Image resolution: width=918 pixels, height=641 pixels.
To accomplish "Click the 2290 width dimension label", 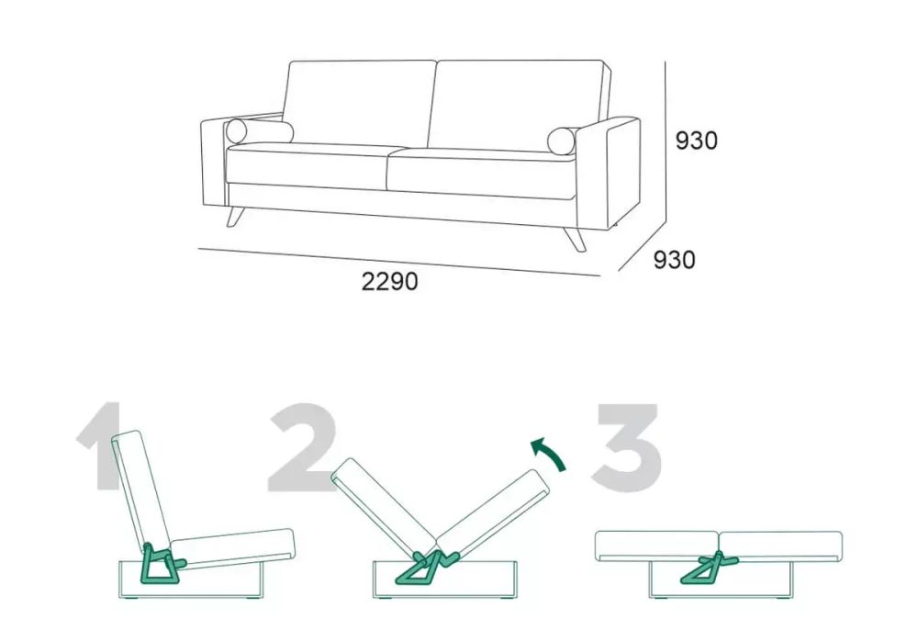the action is click(x=389, y=282).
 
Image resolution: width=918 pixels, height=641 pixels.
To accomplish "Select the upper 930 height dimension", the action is click(x=696, y=141).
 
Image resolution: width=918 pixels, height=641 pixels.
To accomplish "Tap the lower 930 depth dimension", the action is click(x=674, y=260).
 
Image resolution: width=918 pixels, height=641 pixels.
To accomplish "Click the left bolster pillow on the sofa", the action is click(x=259, y=131).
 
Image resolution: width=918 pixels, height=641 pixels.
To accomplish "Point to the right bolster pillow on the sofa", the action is click(x=562, y=141).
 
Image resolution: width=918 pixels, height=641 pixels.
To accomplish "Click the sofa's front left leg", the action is click(x=234, y=216).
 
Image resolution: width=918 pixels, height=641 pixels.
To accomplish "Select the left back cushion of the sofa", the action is click(x=358, y=103).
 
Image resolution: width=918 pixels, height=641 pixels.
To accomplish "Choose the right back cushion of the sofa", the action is click(x=518, y=105).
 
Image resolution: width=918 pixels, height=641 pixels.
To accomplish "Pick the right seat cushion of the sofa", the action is click(x=481, y=174).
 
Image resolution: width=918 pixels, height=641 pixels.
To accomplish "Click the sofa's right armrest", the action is click(x=608, y=174).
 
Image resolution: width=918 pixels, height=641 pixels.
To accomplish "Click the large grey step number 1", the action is click(x=98, y=446).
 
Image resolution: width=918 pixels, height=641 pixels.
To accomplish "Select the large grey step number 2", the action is click(x=302, y=447).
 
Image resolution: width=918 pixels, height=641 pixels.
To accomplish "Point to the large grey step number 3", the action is click(x=626, y=446).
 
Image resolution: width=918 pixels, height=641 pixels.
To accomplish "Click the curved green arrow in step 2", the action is click(x=550, y=452).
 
